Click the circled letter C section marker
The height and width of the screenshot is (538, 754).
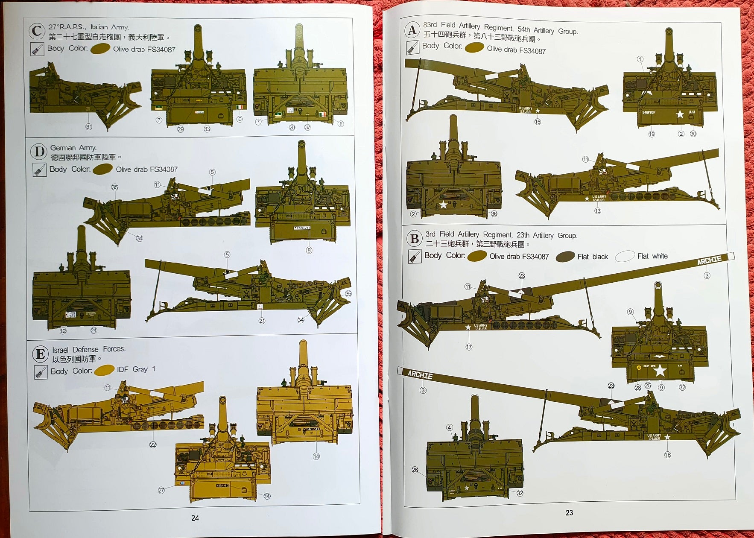point(37,31)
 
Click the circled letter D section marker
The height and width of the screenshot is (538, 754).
point(39,152)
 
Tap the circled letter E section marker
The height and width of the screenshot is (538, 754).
point(41,354)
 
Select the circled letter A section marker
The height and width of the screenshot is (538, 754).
point(412,30)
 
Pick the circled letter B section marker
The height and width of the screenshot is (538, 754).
point(414,238)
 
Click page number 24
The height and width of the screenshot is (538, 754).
point(195,518)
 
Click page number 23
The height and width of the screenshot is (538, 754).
point(569,513)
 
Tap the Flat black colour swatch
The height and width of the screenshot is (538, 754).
point(565,257)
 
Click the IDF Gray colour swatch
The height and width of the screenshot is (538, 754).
point(104,370)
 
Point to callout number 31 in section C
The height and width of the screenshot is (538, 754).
point(89,127)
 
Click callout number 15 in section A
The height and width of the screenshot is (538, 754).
point(538,122)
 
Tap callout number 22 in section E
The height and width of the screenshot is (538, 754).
point(153,445)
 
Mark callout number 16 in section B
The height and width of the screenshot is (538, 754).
point(667,455)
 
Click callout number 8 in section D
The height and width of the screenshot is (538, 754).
point(309,251)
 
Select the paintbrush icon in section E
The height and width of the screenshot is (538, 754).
point(41,372)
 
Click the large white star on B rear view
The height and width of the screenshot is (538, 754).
point(660,370)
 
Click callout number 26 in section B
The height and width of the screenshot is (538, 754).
point(415,470)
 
